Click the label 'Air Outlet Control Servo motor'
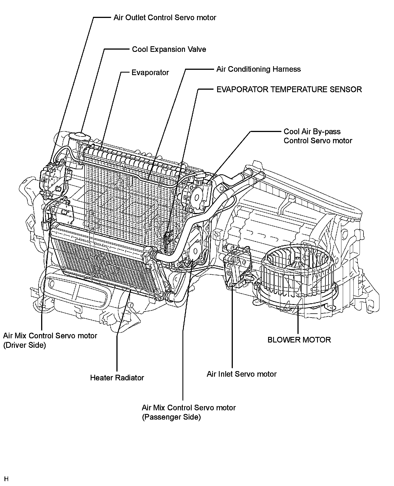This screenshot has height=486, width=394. [165, 18]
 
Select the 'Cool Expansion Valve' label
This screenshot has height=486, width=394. [169, 49]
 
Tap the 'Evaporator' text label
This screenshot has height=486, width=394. [150, 73]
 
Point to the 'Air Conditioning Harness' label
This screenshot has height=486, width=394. [258, 69]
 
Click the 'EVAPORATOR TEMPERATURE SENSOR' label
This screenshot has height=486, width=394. [289, 89]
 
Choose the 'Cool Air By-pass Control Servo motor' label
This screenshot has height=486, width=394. [318, 136]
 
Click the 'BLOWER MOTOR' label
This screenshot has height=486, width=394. [299, 340]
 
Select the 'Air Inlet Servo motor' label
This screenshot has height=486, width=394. [241, 374]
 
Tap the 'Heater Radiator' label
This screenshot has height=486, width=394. [117, 378]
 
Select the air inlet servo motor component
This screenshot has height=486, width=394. [236, 266]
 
